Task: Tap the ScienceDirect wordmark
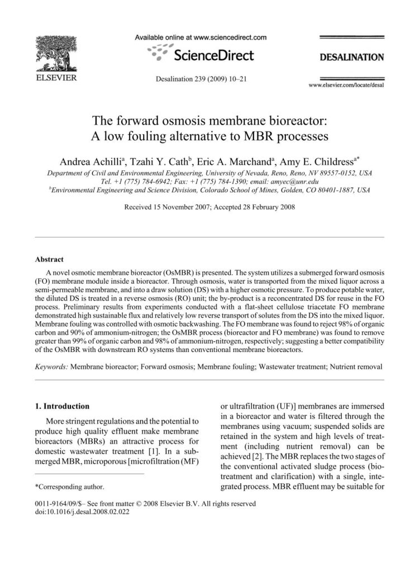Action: pyautogui.click(x=215, y=55)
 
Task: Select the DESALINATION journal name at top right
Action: pyautogui.click(x=351, y=57)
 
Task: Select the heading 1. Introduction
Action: pyautogui.click(x=65, y=406)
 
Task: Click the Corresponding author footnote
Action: pyautogui.click(x=69, y=487)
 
